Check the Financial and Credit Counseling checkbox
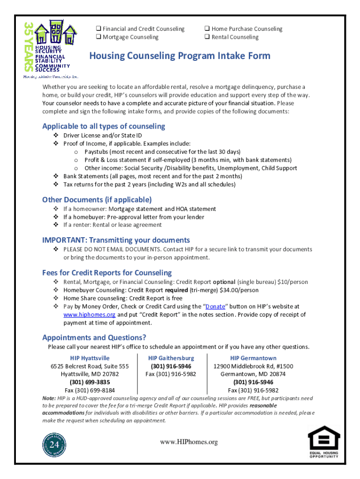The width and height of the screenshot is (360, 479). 99,29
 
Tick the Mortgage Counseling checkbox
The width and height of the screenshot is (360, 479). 99,37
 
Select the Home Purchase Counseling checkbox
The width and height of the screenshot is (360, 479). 207,29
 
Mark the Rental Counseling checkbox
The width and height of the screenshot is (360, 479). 207,37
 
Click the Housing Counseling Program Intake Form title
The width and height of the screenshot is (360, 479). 180,56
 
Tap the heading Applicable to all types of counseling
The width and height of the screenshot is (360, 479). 103,126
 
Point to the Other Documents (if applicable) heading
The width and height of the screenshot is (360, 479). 97,199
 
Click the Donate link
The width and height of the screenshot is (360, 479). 216,306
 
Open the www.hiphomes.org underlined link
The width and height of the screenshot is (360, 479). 89,315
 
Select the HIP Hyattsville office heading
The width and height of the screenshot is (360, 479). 90,358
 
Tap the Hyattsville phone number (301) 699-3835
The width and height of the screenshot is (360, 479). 90,382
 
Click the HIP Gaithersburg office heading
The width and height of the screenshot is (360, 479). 171,358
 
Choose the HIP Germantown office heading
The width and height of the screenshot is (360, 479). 253,358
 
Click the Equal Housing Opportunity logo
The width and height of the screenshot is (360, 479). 323,445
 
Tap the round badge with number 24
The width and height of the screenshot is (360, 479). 55,444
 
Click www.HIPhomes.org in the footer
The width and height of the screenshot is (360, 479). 189,442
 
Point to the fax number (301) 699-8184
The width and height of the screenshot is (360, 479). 90,390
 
